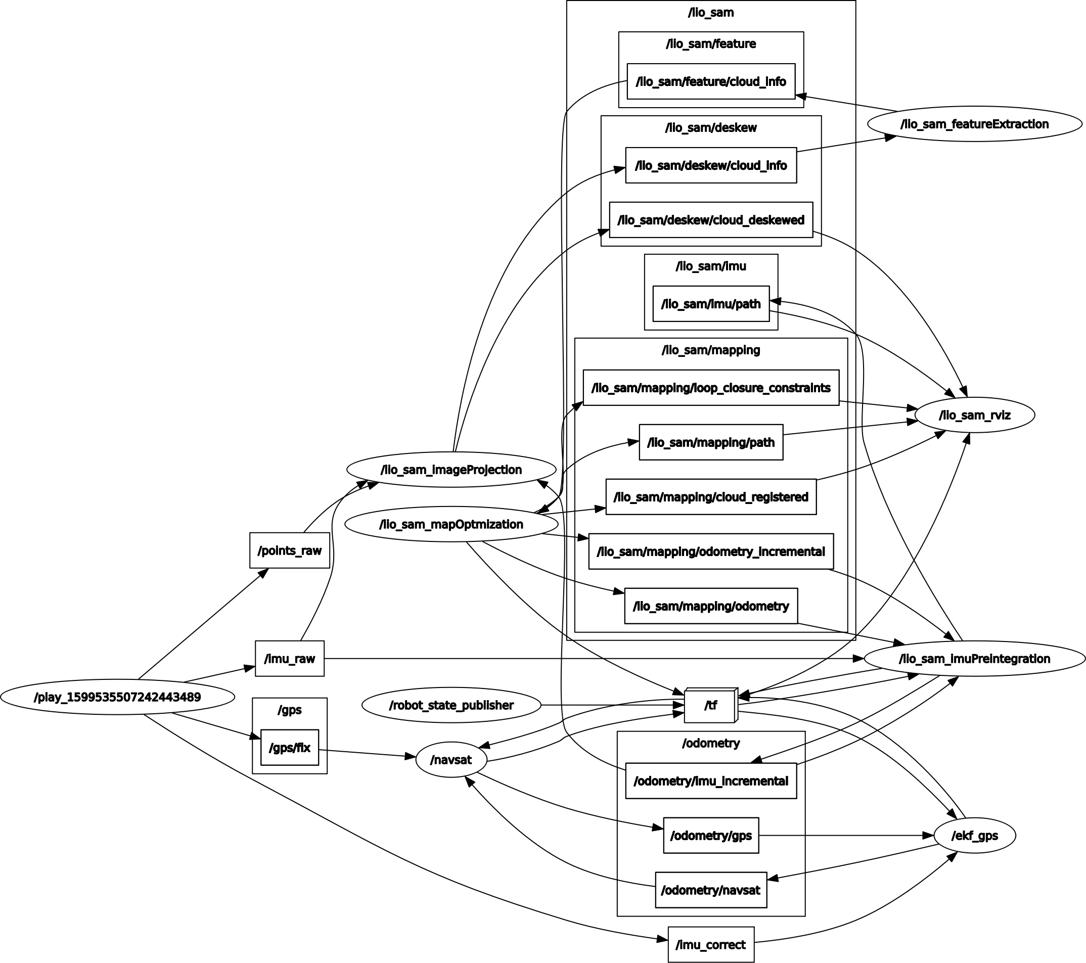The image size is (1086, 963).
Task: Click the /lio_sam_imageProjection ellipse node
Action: click(451, 470)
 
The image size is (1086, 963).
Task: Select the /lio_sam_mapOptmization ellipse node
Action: click(451, 524)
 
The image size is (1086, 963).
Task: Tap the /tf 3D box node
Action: click(710, 705)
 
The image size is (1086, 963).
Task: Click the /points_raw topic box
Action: click(290, 551)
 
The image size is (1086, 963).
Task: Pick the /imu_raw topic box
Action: click(290, 659)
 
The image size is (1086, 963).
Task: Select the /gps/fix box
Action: click(290, 747)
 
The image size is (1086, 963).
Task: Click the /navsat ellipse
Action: click(451, 760)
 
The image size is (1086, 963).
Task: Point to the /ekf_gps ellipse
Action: click(974, 836)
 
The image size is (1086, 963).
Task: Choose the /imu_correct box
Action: click(711, 944)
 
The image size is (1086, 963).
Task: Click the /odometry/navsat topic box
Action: click(711, 890)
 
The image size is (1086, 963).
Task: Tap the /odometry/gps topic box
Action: click(711, 836)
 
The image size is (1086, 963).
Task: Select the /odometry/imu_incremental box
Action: click(711, 781)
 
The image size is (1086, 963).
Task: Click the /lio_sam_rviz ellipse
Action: click(974, 415)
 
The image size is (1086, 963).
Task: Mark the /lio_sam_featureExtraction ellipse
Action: click(974, 124)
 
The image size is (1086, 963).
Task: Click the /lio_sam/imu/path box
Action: click(711, 304)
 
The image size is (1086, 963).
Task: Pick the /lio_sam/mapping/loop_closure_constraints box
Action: click(711, 388)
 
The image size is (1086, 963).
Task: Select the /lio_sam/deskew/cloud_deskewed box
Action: click(711, 220)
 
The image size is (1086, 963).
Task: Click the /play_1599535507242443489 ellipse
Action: click(117, 697)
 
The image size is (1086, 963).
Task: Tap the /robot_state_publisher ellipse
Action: click(451, 705)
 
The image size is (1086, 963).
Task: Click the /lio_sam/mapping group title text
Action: click(711, 350)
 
